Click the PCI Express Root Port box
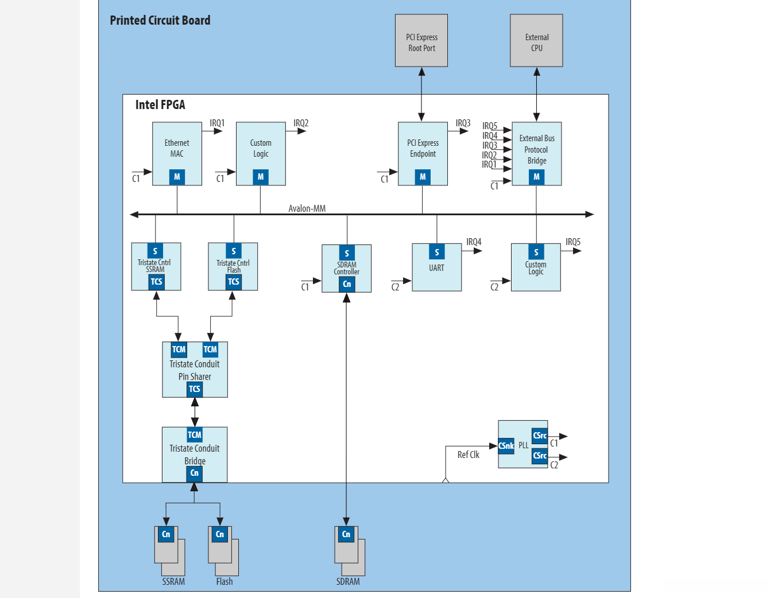point(421,41)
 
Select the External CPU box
point(536,41)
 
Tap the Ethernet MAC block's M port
point(177,177)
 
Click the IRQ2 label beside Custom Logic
point(301,123)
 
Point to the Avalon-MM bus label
point(307,208)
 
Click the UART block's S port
point(436,252)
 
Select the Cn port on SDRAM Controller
point(347,284)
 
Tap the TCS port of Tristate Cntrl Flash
point(234,282)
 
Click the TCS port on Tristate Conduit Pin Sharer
point(195,389)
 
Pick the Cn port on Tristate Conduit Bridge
point(195,473)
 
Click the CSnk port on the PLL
point(506,446)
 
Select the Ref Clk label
point(468,455)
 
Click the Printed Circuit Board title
point(160,21)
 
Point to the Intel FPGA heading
point(160,104)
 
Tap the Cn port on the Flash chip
point(220,534)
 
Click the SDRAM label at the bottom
point(348,581)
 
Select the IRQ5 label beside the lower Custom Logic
point(572,242)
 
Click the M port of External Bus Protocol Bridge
point(536,177)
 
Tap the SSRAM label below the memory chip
point(173,581)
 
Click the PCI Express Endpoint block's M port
point(423,177)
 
